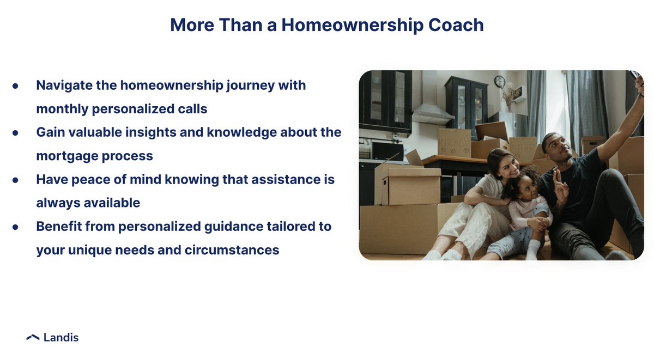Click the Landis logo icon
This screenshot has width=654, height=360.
[33, 338]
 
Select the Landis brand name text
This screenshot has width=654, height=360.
[60, 338]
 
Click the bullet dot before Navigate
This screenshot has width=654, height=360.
[15, 86]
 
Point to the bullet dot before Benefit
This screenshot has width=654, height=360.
[15, 227]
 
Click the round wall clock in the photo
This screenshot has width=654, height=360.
[499, 82]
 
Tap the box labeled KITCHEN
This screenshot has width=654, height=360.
[454, 143]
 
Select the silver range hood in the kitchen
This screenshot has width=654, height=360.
[432, 114]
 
